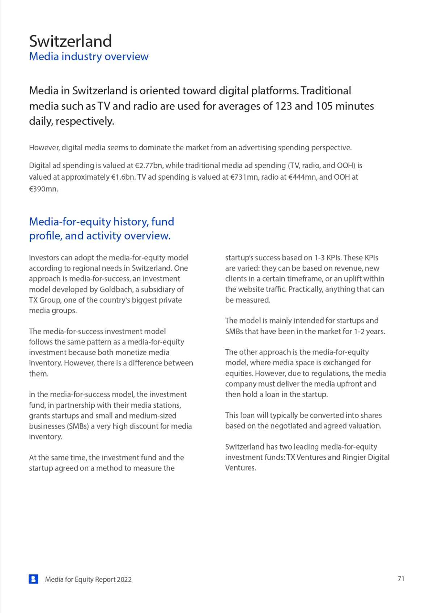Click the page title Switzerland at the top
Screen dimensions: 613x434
[71, 41]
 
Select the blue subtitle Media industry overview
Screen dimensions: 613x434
[89, 56]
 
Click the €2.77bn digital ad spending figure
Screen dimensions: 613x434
[149, 166]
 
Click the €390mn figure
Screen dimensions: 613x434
[43, 189]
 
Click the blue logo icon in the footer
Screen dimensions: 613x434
[33, 579]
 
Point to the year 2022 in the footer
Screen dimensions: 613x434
[124, 579]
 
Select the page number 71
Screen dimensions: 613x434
[401, 579]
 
